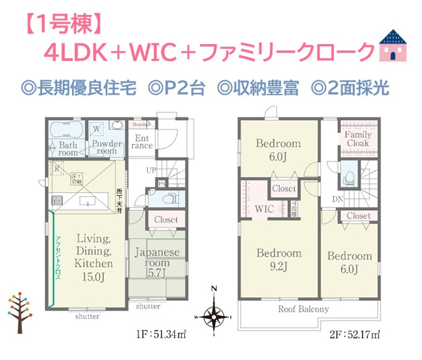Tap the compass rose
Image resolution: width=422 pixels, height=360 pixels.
click(213, 317)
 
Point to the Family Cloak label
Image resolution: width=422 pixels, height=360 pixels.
click(358, 139)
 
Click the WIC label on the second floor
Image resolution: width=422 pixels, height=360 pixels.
click(264, 209)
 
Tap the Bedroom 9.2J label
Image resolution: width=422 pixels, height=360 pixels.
click(279, 259)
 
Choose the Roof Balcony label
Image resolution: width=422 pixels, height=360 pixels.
click(304, 309)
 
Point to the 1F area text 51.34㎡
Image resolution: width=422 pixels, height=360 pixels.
click(160, 335)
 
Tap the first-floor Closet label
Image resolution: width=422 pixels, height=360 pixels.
click(167, 220)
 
